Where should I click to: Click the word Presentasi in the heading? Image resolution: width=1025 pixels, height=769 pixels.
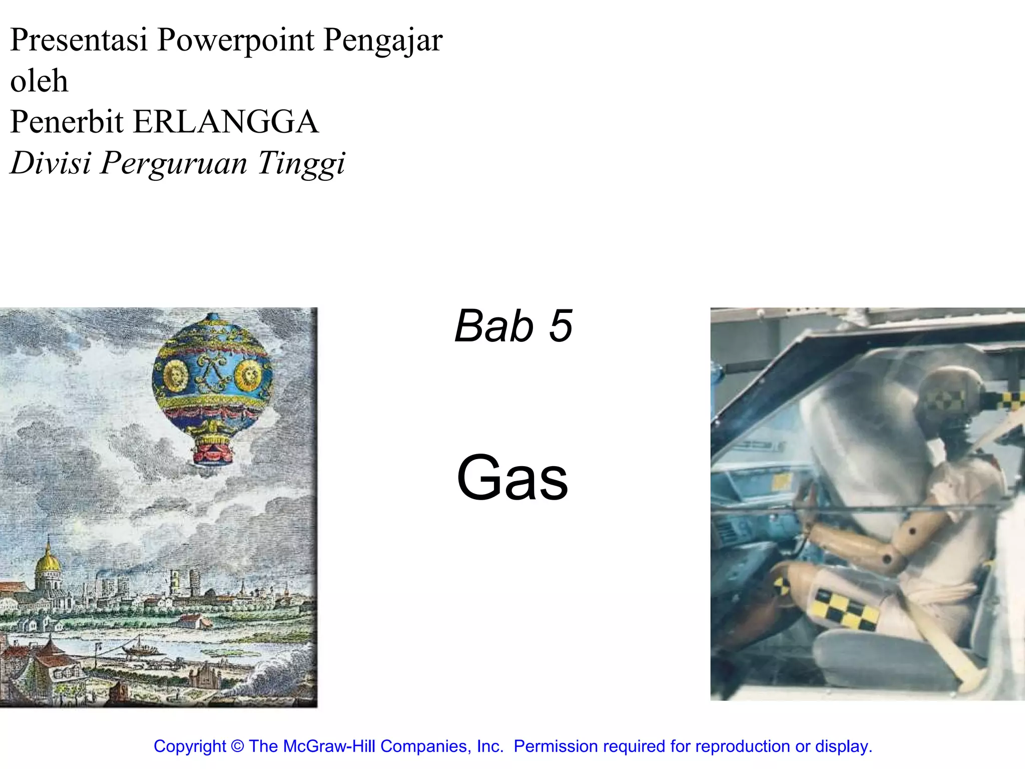pos(79,40)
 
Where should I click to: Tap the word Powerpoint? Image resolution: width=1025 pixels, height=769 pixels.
pos(235,41)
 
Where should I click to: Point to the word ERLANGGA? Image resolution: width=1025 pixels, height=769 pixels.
pos(226,122)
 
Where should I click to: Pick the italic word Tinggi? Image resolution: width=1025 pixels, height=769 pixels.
pos(301,164)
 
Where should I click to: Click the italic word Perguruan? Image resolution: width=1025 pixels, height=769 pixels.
pos(174,164)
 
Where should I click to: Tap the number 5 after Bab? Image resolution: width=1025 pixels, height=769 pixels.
pos(561,326)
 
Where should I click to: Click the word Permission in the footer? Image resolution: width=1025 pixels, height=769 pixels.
pos(556,746)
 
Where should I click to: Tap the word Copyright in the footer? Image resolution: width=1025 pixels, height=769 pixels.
pos(190,746)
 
